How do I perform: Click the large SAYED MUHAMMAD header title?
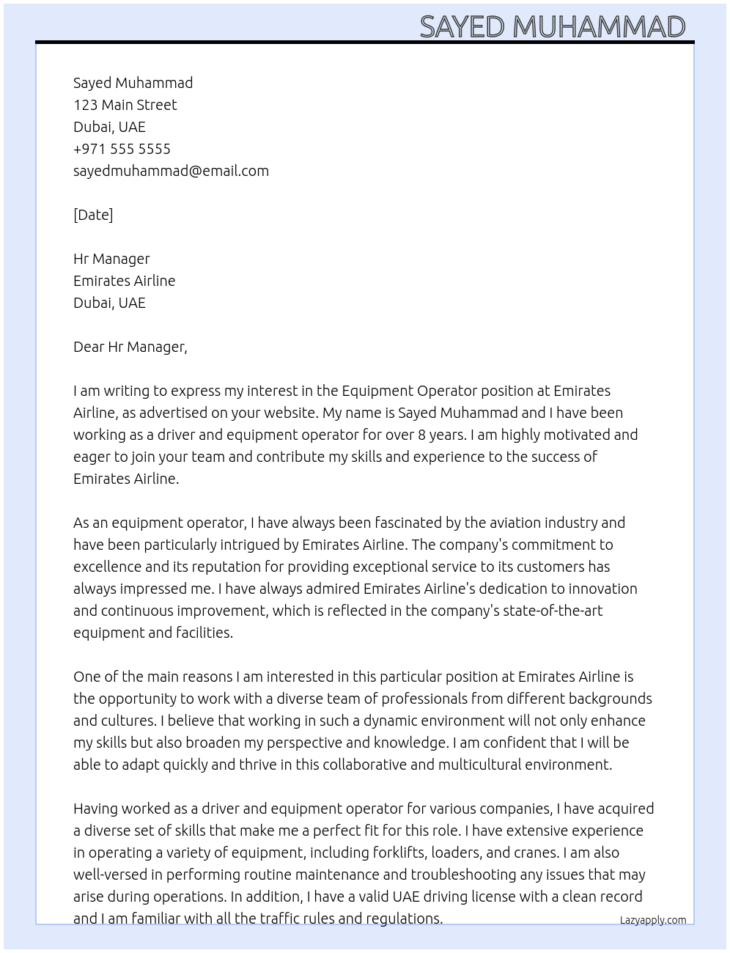552,26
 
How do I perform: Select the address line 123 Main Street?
125,105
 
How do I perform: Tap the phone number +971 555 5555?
122,149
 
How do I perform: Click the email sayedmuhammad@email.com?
171,171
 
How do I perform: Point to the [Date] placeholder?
93,215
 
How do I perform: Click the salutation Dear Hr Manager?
130,347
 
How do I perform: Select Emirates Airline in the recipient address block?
124,281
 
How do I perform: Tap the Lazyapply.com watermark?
652,920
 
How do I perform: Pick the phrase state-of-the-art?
552,611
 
